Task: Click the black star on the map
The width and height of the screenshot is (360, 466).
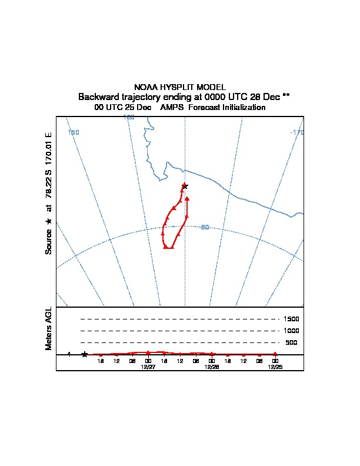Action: [x=185, y=186]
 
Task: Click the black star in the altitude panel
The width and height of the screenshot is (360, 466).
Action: [x=85, y=354]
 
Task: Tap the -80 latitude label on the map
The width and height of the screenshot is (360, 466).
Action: [x=205, y=227]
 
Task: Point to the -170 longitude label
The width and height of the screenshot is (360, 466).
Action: [x=297, y=132]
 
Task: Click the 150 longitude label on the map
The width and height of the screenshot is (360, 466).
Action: [x=74, y=132]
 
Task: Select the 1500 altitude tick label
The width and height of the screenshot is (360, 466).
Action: [x=292, y=319]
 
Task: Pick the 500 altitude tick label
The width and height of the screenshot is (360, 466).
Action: [x=292, y=342]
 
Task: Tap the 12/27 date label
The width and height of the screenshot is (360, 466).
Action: [x=148, y=366]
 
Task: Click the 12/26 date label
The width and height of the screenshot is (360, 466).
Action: [x=211, y=366]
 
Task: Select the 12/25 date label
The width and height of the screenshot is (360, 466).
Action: [x=275, y=366]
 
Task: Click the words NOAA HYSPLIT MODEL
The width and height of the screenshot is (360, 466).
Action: [x=180, y=87]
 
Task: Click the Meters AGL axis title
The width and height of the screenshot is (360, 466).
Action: [x=49, y=328]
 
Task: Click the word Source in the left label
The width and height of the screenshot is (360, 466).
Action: [x=49, y=241]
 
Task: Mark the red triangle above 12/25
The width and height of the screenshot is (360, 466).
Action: [x=275, y=354]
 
